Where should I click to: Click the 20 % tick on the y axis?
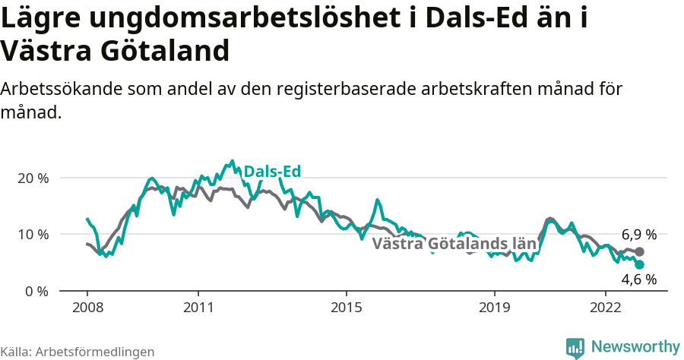pyautogui.click(x=33, y=178)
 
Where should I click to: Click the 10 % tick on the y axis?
pyautogui.click(x=33, y=234)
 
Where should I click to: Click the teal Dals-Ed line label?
pyautogui.click(x=272, y=172)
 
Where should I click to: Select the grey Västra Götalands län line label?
pyautogui.click(x=454, y=244)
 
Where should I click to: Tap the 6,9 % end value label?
pyautogui.click(x=638, y=235)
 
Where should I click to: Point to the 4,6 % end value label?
pyautogui.click(x=638, y=279)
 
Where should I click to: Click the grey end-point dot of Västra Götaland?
pyautogui.click(x=639, y=251)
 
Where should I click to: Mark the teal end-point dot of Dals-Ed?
pyautogui.click(x=639, y=264)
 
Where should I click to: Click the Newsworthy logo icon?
pyautogui.click(x=575, y=347)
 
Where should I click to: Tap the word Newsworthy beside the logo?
pyautogui.click(x=635, y=346)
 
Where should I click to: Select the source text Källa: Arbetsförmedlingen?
pyautogui.click(x=78, y=352)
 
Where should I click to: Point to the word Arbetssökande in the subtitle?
pyautogui.click(x=59, y=89)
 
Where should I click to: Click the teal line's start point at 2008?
pyautogui.click(x=87, y=219)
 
